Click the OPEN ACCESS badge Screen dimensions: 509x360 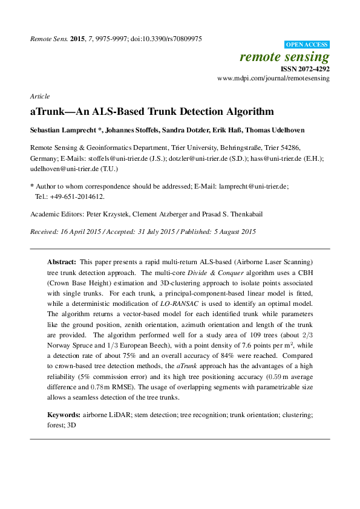pos(307,45)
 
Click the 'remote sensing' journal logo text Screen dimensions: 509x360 pos(284,57)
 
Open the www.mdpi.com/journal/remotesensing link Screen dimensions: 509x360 pos(273,79)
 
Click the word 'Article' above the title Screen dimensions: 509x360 pos(39,96)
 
